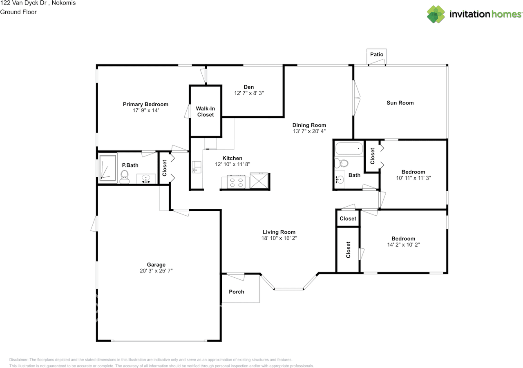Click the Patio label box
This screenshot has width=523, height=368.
point(377,54)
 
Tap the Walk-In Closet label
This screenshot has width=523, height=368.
point(205,112)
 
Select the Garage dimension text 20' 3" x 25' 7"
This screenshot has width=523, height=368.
point(156,271)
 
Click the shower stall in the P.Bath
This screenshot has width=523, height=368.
point(108,167)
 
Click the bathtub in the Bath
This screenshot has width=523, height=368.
point(349,149)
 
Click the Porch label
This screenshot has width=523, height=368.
point(237,292)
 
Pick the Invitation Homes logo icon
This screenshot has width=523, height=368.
point(436,14)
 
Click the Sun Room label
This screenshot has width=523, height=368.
point(400,103)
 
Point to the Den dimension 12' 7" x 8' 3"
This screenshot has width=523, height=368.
point(249,93)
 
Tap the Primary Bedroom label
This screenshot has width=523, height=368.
point(145,104)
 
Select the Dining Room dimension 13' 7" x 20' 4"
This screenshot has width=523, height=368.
point(309,131)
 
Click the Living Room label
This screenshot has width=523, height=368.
point(279,232)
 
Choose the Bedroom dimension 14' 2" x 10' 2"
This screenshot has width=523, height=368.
point(403,245)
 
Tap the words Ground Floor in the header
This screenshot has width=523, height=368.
point(18,12)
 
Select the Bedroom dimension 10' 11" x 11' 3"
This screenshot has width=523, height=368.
point(413,178)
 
